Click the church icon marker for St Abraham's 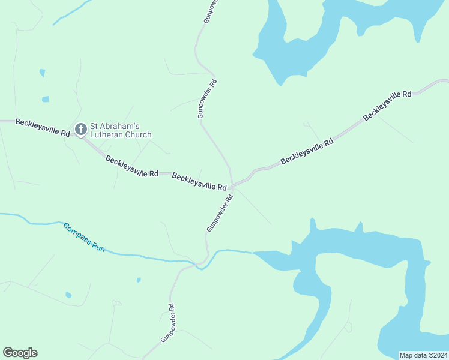pyautogui.click(x=81, y=129)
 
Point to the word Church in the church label pyautogui.click(x=139, y=135)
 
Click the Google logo pyautogui.click(x=20, y=353)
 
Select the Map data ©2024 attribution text pyautogui.click(x=423, y=355)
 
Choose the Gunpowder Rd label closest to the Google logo pyautogui.click(x=167, y=323)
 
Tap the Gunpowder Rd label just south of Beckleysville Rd pyautogui.click(x=220, y=213)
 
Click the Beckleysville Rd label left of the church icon pyautogui.click(x=42, y=127)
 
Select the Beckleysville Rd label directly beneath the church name pyautogui.click(x=131, y=166)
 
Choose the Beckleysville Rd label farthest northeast pyautogui.click(x=387, y=106)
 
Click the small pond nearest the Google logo pyautogui.click(x=68, y=295)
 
